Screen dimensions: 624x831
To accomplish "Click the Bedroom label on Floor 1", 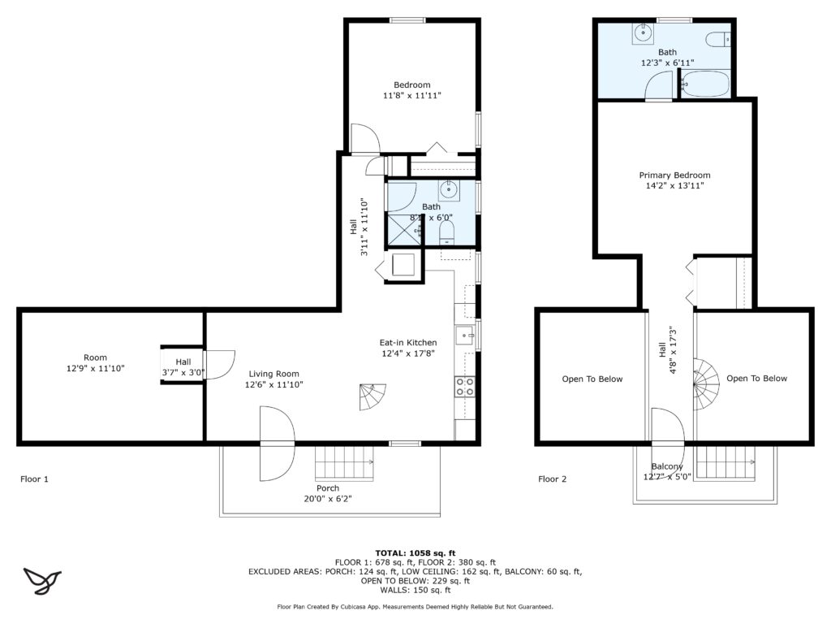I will pyautogui.click(x=411, y=84).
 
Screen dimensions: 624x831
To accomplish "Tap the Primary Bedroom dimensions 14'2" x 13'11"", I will pyautogui.click(x=674, y=186).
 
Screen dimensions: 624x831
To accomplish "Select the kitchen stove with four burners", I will pyautogui.click(x=465, y=387).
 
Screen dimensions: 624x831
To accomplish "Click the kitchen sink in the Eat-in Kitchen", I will pyautogui.click(x=464, y=334).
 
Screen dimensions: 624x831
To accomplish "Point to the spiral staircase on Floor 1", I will pyautogui.click(x=373, y=396).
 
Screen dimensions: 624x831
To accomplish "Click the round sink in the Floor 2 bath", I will pyautogui.click(x=643, y=33).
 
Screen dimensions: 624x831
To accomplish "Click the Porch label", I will pyautogui.click(x=328, y=487).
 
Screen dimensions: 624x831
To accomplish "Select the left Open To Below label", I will pyautogui.click(x=592, y=379).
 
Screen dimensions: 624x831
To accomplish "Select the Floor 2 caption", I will pyautogui.click(x=553, y=479).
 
